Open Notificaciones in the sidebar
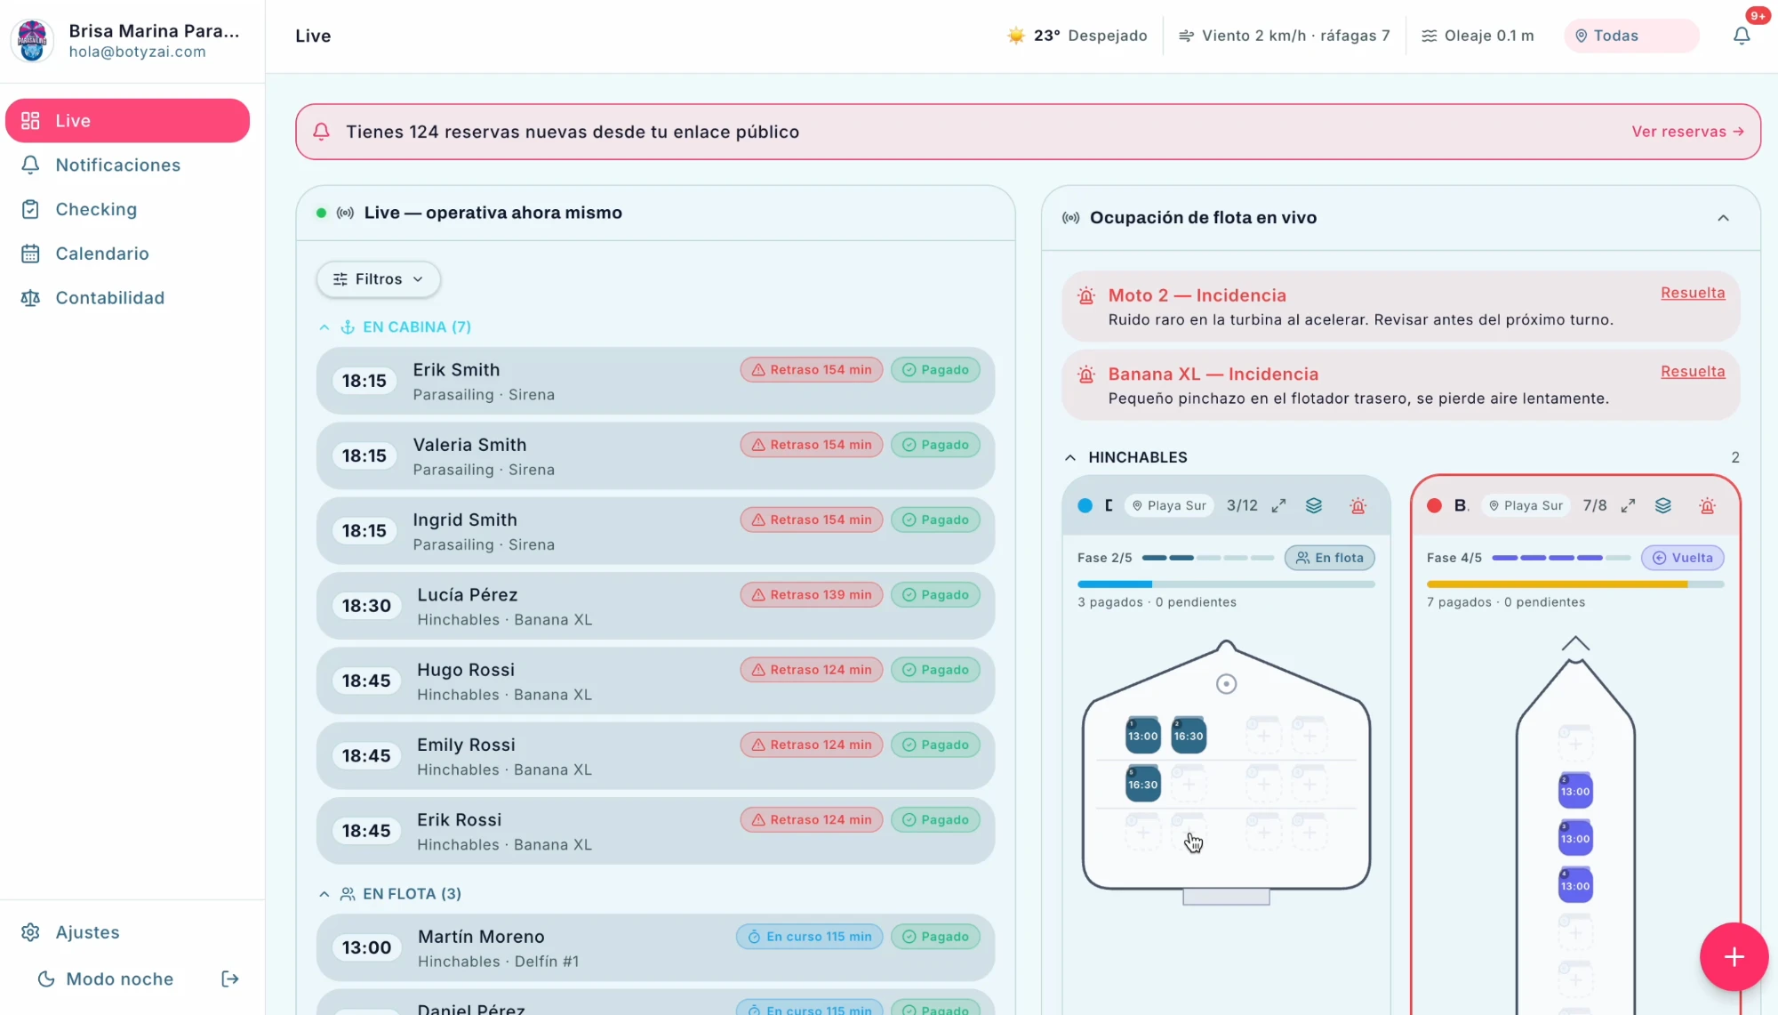[117, 165]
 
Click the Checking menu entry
[96, 210]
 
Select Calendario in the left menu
[102, 254]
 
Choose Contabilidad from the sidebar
[109, 298]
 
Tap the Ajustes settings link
[87, 932]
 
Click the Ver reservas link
[1687, 132]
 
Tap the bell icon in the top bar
[1742, 36]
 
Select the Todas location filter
[1631, 36]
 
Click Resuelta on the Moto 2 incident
[1693, 293]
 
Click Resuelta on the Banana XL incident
[1693, 372]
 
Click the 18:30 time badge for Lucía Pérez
[366, 606]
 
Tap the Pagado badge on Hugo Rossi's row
[935, 670]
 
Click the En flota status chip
[1330, 558]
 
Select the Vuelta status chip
[1683, 558]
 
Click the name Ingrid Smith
[465, 520]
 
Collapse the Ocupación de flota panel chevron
[1723, 218]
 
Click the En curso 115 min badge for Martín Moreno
[809, 937]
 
